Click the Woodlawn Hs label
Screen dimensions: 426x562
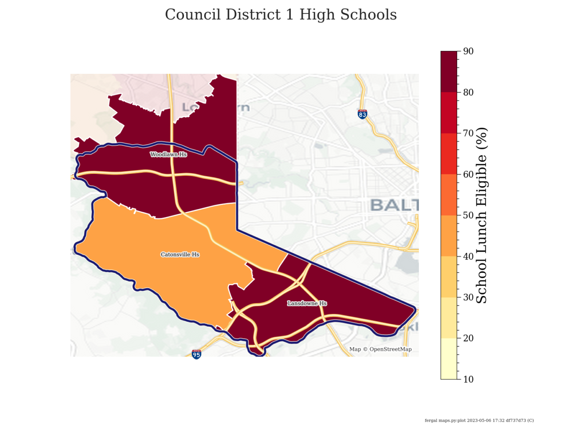click(x=169, y=155)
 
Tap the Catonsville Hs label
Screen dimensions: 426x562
click(x=180, y=255)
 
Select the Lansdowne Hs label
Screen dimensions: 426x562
click(x=307, y=303)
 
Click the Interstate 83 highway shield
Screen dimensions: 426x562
click(x=362, y=114)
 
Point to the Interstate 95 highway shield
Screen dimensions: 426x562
click(x=196, y=354)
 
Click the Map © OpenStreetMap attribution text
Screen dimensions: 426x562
click(x=380, y=350)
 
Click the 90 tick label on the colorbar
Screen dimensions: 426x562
click(x=468, y=51)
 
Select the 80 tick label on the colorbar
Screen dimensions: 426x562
click(x=468, y=92)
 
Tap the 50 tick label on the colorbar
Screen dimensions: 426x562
click(x=468, y=215)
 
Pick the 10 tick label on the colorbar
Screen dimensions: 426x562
click(x=468, y=379)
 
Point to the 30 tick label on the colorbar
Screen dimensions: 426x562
click(x=468, y=297)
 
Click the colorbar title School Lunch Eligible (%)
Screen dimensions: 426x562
click(x=482, y=215)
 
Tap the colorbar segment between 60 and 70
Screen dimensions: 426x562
click(x=449, y=154)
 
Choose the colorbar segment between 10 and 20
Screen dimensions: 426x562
click(x=449, y=358)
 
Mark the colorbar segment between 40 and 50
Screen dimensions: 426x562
click(x=449, y=236)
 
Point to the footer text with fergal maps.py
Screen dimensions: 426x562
click(x=479, y=420)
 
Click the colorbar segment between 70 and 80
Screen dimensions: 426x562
click(x=449, y=112)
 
